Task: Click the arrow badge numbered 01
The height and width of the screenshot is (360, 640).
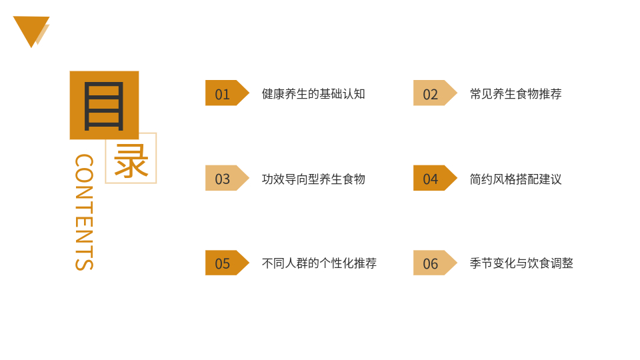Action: point(227,93)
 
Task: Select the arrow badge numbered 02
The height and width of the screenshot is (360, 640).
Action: point(435,93)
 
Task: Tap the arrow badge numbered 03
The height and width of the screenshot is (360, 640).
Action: point(227,178)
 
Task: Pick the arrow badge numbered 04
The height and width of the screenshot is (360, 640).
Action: point(435,178)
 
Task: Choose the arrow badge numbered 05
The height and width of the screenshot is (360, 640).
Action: point(227,263)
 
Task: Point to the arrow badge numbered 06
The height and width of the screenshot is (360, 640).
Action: point(435,263)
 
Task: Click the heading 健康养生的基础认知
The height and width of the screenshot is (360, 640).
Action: point(313,94)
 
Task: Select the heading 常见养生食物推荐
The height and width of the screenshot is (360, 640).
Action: point(516,94)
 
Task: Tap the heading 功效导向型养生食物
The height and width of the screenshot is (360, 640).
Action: point(313,179)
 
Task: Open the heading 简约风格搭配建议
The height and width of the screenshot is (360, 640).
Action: point(516,179)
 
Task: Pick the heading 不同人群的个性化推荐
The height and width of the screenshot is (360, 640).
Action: point(319,263)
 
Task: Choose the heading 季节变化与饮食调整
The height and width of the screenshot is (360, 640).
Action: point(521,263)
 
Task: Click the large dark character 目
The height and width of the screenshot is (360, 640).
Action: point(104,106)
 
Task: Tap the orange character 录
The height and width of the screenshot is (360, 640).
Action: point(131,161)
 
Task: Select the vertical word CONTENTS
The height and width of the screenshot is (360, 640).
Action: point(85,212)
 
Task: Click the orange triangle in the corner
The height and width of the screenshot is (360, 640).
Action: point(31,29)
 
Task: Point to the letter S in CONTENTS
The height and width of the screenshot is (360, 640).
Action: point(85,263)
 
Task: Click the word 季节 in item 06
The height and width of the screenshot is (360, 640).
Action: point(481,263)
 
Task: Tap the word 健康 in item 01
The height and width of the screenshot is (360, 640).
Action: point(273,94)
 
